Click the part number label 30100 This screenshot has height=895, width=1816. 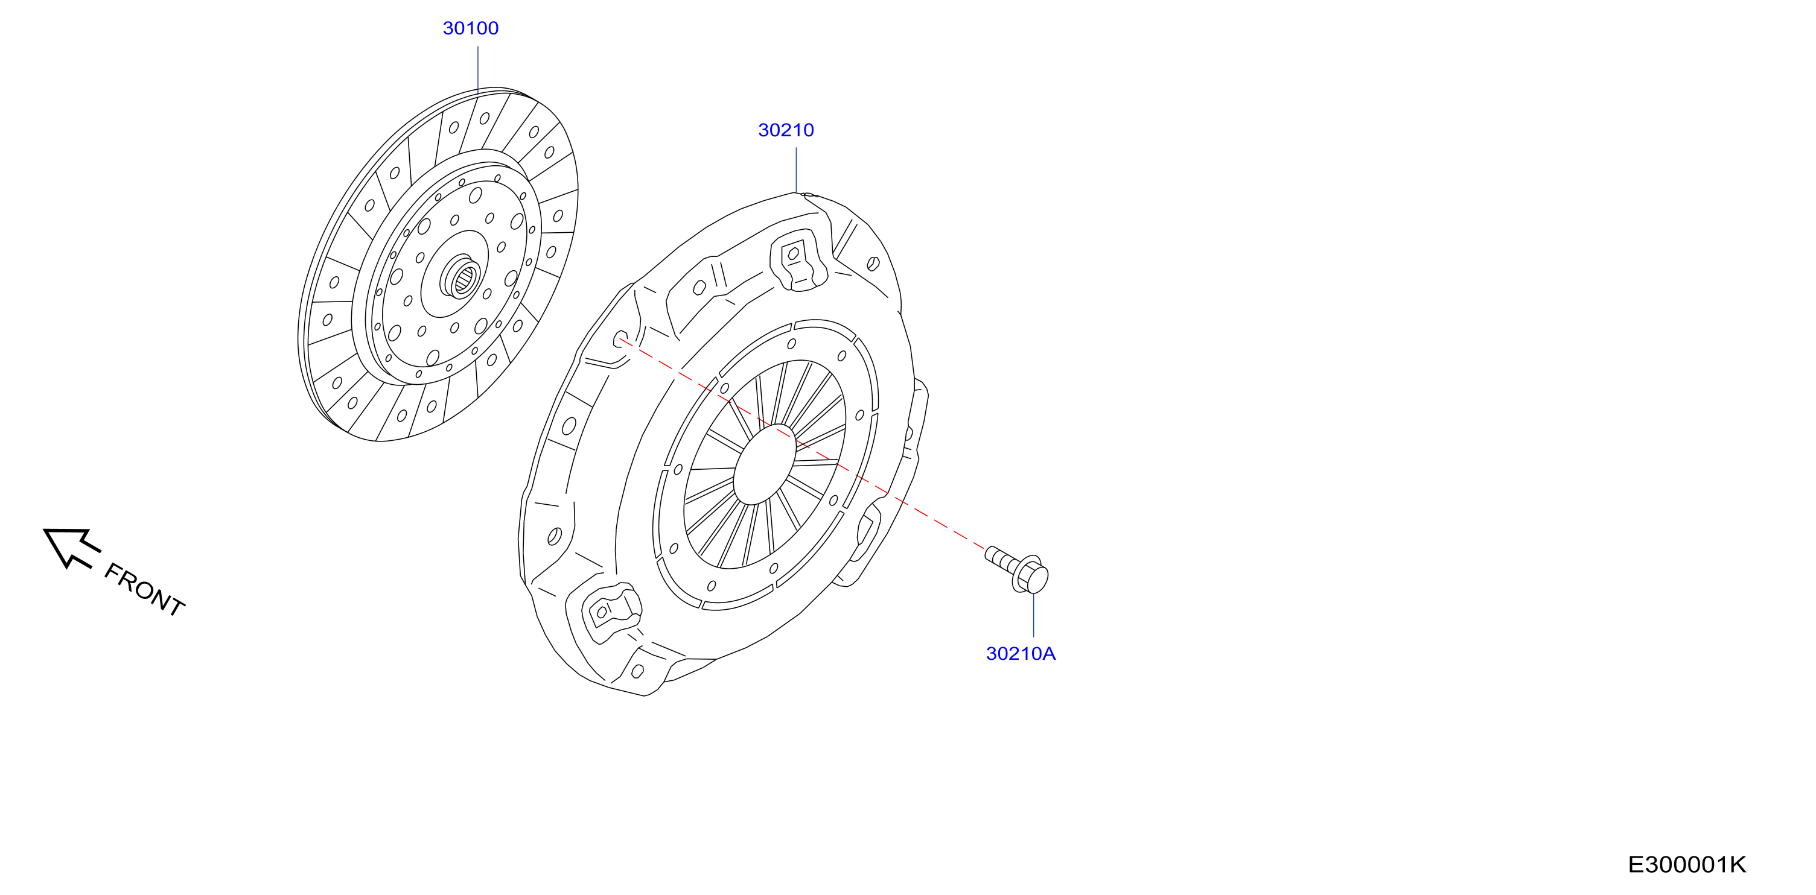point(470,28)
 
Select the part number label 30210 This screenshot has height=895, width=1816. point(786,130)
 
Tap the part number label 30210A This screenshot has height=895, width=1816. point(1021,654)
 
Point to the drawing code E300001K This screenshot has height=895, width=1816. point(1686,865)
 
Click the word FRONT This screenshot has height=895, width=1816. point(144,590)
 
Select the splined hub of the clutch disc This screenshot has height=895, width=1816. point(462,277)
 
